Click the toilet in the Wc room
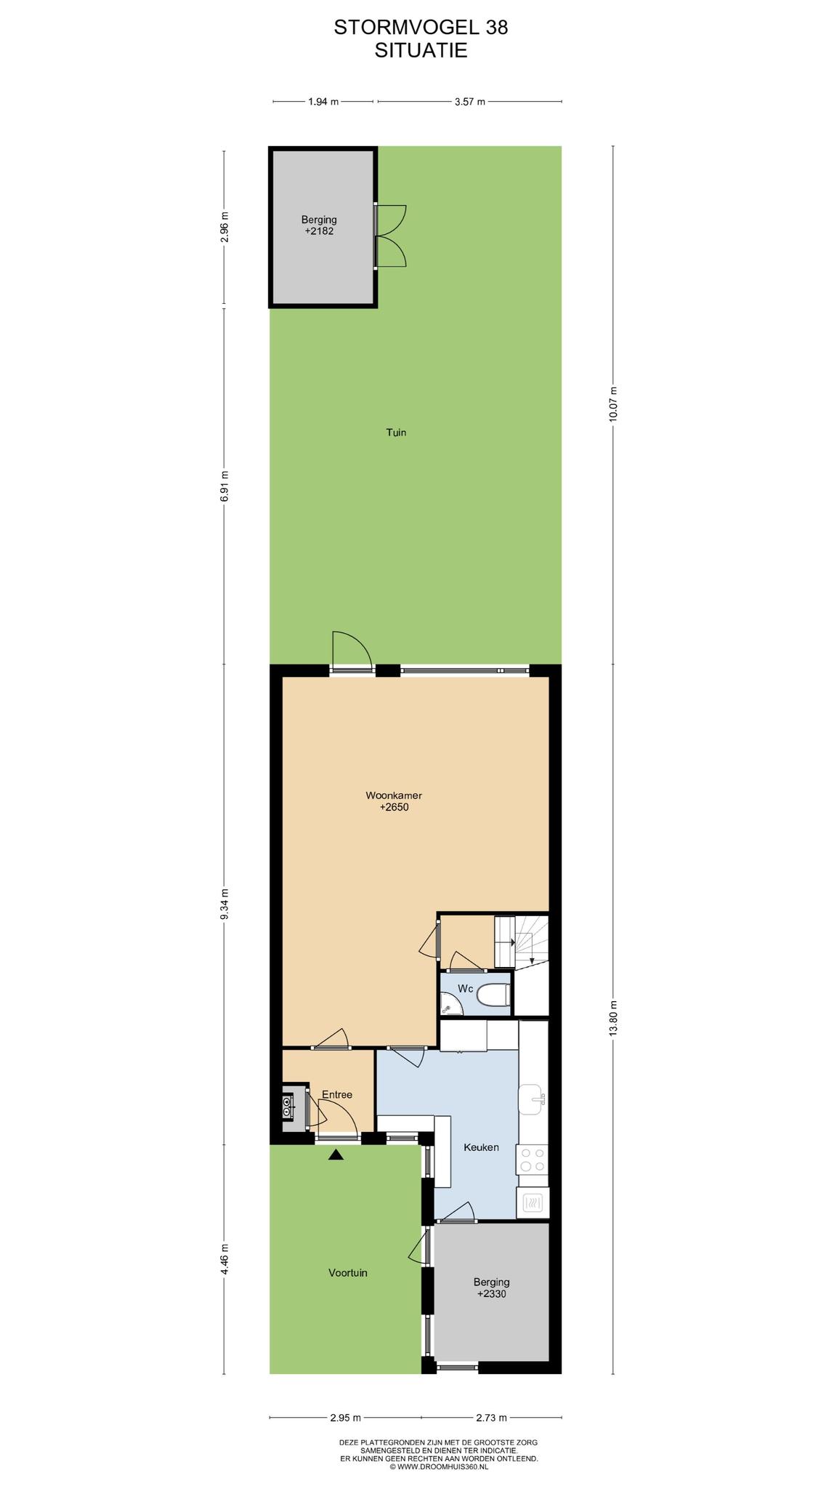[x=493, y=995]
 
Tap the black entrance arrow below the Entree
[x=336, y=1154]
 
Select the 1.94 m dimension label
[x=323, y=102]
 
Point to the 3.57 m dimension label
[x=469, y=102]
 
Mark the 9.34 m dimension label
[x=225, y=904]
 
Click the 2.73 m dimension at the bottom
[x=491, y=1417]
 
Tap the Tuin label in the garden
[x=396, y=433]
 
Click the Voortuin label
[x=348, y=1273]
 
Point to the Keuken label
[x=481, y=1147]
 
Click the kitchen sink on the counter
[x=532, y=1099]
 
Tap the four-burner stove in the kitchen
[x=532, y=1159]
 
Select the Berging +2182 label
[x=320, y=225]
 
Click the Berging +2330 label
[x=491, y=1288]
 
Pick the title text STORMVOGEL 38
[x=421, y=28]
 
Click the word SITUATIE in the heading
[x=421, y=50]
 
